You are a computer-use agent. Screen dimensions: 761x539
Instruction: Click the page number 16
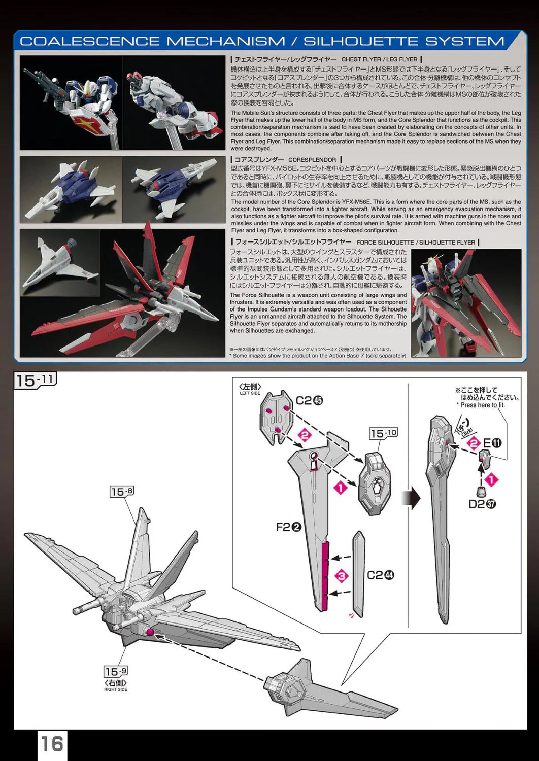pos(52,744)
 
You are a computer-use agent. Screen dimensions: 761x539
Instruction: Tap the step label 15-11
pos(35,380)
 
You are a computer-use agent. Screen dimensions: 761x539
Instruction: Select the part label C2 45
pos(309,401)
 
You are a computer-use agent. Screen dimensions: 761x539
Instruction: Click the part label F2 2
pos(288,527)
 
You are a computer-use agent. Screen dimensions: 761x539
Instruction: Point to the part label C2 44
pos(380,575)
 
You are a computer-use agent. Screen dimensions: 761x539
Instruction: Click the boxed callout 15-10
pos(384,433)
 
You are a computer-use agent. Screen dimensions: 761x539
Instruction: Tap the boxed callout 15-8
pos(122,491)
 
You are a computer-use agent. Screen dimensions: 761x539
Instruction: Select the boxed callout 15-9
pos(116,672)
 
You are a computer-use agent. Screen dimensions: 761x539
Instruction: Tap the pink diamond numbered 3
pos(342,576)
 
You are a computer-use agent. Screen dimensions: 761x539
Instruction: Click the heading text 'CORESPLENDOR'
pos(312,160)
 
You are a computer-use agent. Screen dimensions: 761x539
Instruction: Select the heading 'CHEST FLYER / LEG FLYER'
pos(379,59)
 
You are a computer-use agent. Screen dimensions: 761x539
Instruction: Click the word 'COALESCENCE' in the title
pos(89,41)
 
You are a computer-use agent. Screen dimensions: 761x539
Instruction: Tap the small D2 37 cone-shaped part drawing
pos(480,491)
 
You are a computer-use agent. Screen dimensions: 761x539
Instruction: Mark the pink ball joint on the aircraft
pos(149,632)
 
